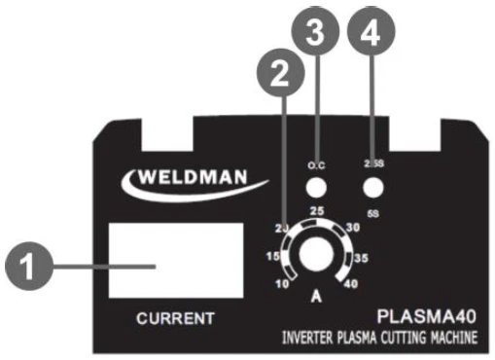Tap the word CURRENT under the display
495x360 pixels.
158,318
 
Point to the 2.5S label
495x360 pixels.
371,162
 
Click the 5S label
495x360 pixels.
371,209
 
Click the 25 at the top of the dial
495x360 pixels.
315,211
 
